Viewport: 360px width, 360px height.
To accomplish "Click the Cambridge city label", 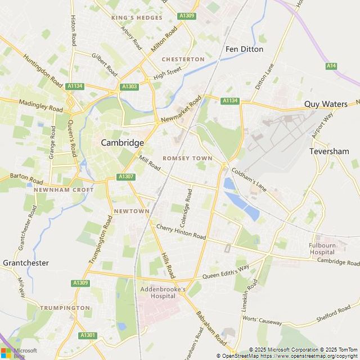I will [x=122, y=143].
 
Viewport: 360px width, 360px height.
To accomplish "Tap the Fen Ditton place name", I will [x=244, y=49].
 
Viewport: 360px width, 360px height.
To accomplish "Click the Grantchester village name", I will [x=26, y=263].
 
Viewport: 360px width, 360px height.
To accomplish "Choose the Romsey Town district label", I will [x=187, y=159].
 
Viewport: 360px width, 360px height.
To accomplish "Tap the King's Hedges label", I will [x=137, y=18].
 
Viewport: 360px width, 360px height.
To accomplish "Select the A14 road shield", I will [x=331, y=66].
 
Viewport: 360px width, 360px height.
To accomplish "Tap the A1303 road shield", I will [x=129, y=87].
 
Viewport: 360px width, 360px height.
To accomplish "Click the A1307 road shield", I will [x=126, y=177].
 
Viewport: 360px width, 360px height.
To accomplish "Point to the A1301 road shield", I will [x=88, y=335].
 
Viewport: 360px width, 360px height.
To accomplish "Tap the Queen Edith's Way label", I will [x=226, y=272].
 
